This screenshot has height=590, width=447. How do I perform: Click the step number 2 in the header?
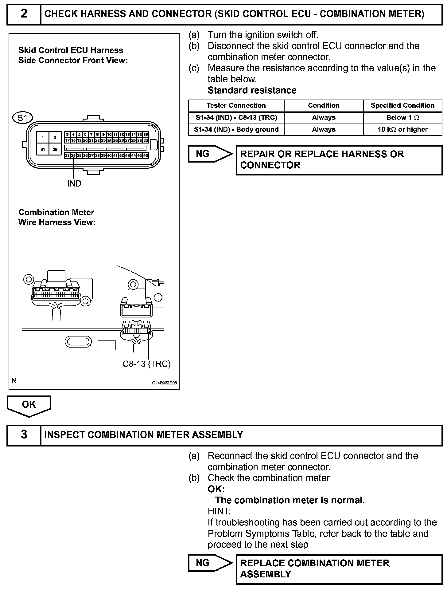pos(24,14)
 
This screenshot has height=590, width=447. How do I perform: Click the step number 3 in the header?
pos(24,435)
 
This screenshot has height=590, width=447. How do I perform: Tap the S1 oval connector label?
pos(22,118)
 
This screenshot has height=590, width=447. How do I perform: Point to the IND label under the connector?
pos(74,183)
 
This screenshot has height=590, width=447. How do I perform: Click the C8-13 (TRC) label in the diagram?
pos(146,364)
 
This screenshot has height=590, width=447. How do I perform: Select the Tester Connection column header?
pos(236,105)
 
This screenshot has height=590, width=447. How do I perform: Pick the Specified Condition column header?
pos(402,105)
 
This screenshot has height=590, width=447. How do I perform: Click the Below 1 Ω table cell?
pos(402,117)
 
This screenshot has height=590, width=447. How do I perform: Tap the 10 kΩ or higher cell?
pos(402,129)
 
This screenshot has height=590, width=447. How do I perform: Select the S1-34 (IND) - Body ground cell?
pos(236,129)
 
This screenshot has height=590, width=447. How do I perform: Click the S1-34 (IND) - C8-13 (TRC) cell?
pos(236,117)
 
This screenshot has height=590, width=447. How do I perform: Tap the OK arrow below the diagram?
pos(29,405)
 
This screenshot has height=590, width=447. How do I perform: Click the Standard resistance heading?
pos(252,90)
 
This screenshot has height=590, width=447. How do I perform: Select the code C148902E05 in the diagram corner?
pos(164,383)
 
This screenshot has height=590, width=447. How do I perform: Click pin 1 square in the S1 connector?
pos(43,138)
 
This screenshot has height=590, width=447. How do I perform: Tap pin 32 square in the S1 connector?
pos(55,149)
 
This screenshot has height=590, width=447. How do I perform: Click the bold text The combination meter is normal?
pos(290,500)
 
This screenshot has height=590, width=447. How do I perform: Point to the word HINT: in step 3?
pos(219,511)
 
